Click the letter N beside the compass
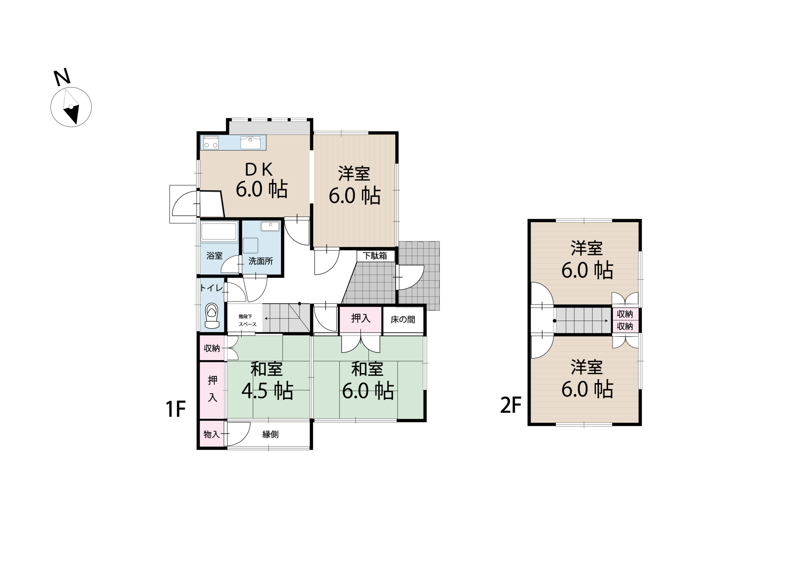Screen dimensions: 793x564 click(x=62, y=78)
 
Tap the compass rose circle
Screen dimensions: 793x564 click(x=71, y=107)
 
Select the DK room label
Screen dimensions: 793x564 click(x=259, y=169)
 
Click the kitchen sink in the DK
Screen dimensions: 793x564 click(x=250, y=142)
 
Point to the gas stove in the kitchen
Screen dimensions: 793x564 click(x=211, y=142)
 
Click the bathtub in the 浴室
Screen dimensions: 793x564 click(x=219, y=231)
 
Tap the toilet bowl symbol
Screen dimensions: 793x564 click(x=212, y=316)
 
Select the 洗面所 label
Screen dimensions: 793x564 click(x=261, y=261)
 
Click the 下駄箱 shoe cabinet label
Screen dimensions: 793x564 click(x=375, y=256)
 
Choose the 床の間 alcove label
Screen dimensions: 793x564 click(x=403, y=320)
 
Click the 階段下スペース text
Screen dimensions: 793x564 click(x=247, y=320)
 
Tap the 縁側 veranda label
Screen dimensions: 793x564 click(x=270, y=434)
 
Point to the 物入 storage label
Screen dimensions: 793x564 click(x=212, y=434)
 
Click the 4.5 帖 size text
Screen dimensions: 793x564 click(x=267, y=391)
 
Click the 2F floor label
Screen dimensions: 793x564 click(x=511, y=405)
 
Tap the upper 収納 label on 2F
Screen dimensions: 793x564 click(x=624, y=314)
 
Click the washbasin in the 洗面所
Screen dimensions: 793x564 click(x=270, y=226)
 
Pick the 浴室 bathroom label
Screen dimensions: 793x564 click(x=214, y=256)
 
